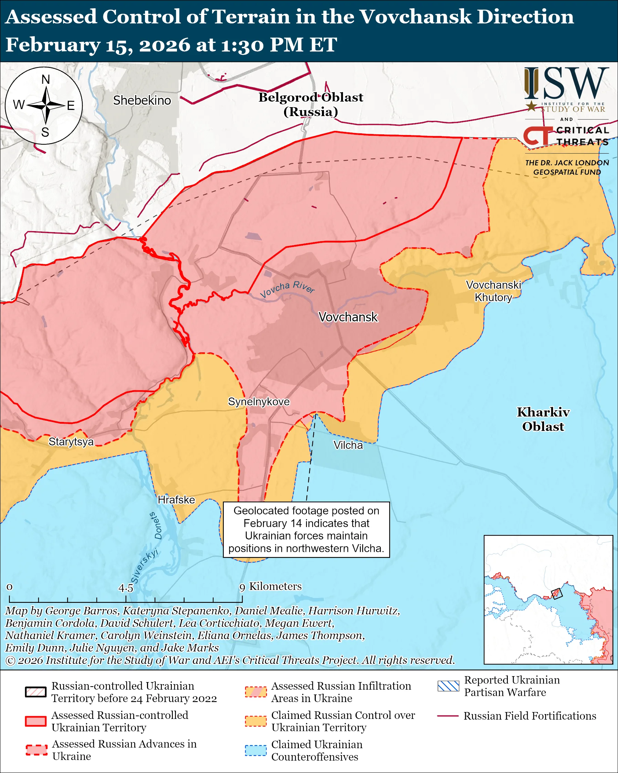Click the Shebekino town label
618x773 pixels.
click(142, 100)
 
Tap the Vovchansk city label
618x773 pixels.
click(348, 317)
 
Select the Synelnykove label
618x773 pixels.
click(259, 402)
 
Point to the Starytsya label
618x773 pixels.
click(71, 441)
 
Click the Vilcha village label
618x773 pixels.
click(348, 445)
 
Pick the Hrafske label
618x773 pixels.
click(176, 499)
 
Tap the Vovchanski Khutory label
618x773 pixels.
click(493, 291)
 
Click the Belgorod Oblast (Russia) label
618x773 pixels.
click(311, 104)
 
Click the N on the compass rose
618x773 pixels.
click(45, 80)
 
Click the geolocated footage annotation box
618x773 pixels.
click(306, 529)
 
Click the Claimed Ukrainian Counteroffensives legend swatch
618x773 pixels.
click(256, 750)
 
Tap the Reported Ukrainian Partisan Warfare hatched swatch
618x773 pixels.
click(448, 686)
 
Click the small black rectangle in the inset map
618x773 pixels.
click(556, 594)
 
